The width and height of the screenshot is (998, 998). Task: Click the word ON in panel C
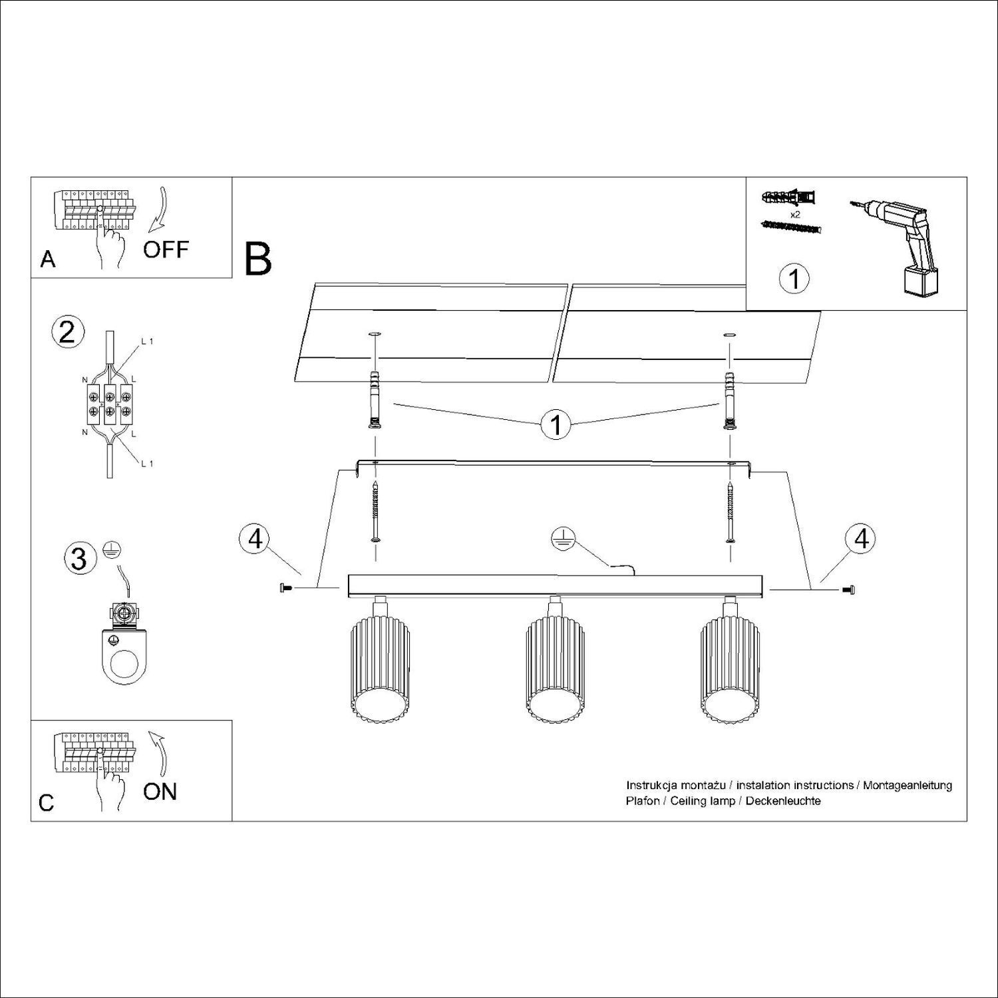tap(160, 791)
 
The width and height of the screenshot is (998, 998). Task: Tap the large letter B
tap(258, 259)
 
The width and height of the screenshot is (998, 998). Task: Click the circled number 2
tap(67, 331)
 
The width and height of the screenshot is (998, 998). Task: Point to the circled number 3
tap(79, 558)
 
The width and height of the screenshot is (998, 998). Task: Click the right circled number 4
tap(861, 538)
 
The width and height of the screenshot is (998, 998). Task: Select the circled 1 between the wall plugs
tap(556, 424)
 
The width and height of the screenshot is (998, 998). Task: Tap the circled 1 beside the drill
tap(794, 279)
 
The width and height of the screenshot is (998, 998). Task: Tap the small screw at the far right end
tap(848, 589)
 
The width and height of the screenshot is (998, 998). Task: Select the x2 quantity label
tap(794, 215)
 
